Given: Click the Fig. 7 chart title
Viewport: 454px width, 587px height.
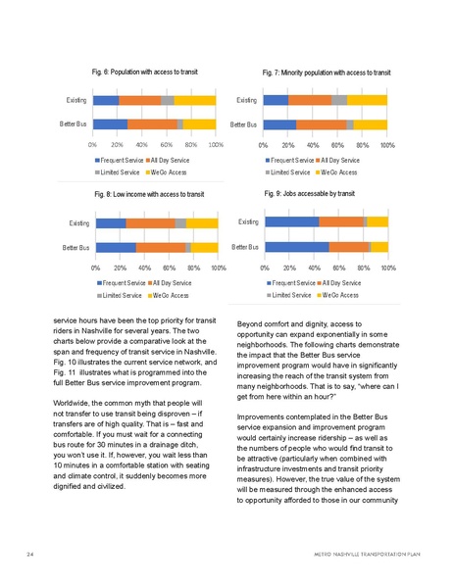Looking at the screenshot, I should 326,73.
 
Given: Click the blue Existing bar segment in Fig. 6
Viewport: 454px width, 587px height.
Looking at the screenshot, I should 106,100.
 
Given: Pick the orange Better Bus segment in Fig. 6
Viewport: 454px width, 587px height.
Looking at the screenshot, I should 152,123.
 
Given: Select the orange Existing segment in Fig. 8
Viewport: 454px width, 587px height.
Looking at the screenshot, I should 150,223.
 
